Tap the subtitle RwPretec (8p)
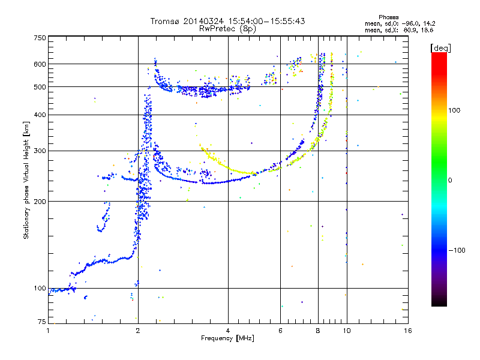[227, 29]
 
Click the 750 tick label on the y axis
[40, 38]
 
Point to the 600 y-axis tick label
[40, 64]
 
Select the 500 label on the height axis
[40, 87]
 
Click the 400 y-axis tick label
[40, 115]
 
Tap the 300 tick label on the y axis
[40, 151]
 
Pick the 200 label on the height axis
[40, 202]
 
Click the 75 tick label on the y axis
[42, 322]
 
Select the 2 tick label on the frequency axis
[138, 331]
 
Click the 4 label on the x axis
[228, 331]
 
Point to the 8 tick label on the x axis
[318, 331]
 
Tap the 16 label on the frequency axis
[408, 331]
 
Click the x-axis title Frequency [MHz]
[227, 338]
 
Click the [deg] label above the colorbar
[440, 48]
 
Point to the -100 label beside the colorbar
[457, 250]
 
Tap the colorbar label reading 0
[450, 181]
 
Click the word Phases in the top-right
[388, 17]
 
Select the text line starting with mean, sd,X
[399, 31]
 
